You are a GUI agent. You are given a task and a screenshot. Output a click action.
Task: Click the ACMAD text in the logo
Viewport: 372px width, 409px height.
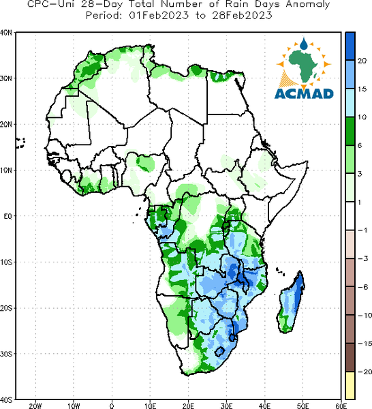pyautogui.click(x=304, y=94)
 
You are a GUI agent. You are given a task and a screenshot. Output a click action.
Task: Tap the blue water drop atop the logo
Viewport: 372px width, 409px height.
pyautogui.click(x=303, y=44)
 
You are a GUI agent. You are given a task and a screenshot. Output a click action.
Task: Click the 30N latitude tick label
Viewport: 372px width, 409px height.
pyautogui.click(x=6, y=78)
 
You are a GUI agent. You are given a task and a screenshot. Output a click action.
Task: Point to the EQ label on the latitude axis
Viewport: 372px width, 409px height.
pyautogui.click(x=7, y=216)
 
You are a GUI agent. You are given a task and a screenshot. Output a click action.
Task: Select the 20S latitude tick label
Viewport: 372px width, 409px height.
pyautogui.click(x=6, y=308)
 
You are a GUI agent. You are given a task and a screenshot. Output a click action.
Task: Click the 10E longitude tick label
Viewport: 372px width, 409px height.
pyautogui.click(x=150, y=406)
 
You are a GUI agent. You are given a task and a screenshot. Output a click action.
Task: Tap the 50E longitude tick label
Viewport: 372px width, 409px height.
pyautogui.click(x=303, y=406)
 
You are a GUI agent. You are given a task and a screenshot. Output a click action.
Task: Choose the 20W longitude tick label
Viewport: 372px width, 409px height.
pyautogui.click(x=35, y=406)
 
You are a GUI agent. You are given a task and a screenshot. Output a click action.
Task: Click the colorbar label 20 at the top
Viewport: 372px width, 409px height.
pyautogui.click(x=362, y=61)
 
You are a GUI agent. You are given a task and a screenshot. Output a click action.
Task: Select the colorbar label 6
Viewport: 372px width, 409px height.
pyautogui.click(x=360, y=146)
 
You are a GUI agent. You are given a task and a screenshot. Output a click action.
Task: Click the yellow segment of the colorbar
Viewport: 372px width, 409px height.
pyautogui.click(x=350, y=385)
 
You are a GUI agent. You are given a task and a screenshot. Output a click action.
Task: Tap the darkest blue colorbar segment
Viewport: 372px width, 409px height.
pyautogui.click(x=350, y=46)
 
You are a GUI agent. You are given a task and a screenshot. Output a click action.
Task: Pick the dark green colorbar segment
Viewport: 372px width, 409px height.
pyautogui.click(x=350, y=131)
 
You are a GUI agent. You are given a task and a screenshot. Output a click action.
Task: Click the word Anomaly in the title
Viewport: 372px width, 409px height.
pyautogui.click(x=308, y=5)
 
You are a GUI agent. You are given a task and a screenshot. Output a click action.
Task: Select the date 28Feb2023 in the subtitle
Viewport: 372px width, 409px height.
pyautogui.click(x=242, y=16)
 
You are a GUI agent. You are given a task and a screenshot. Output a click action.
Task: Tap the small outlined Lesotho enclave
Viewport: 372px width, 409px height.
pyautogui.click(x=220, y=352)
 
